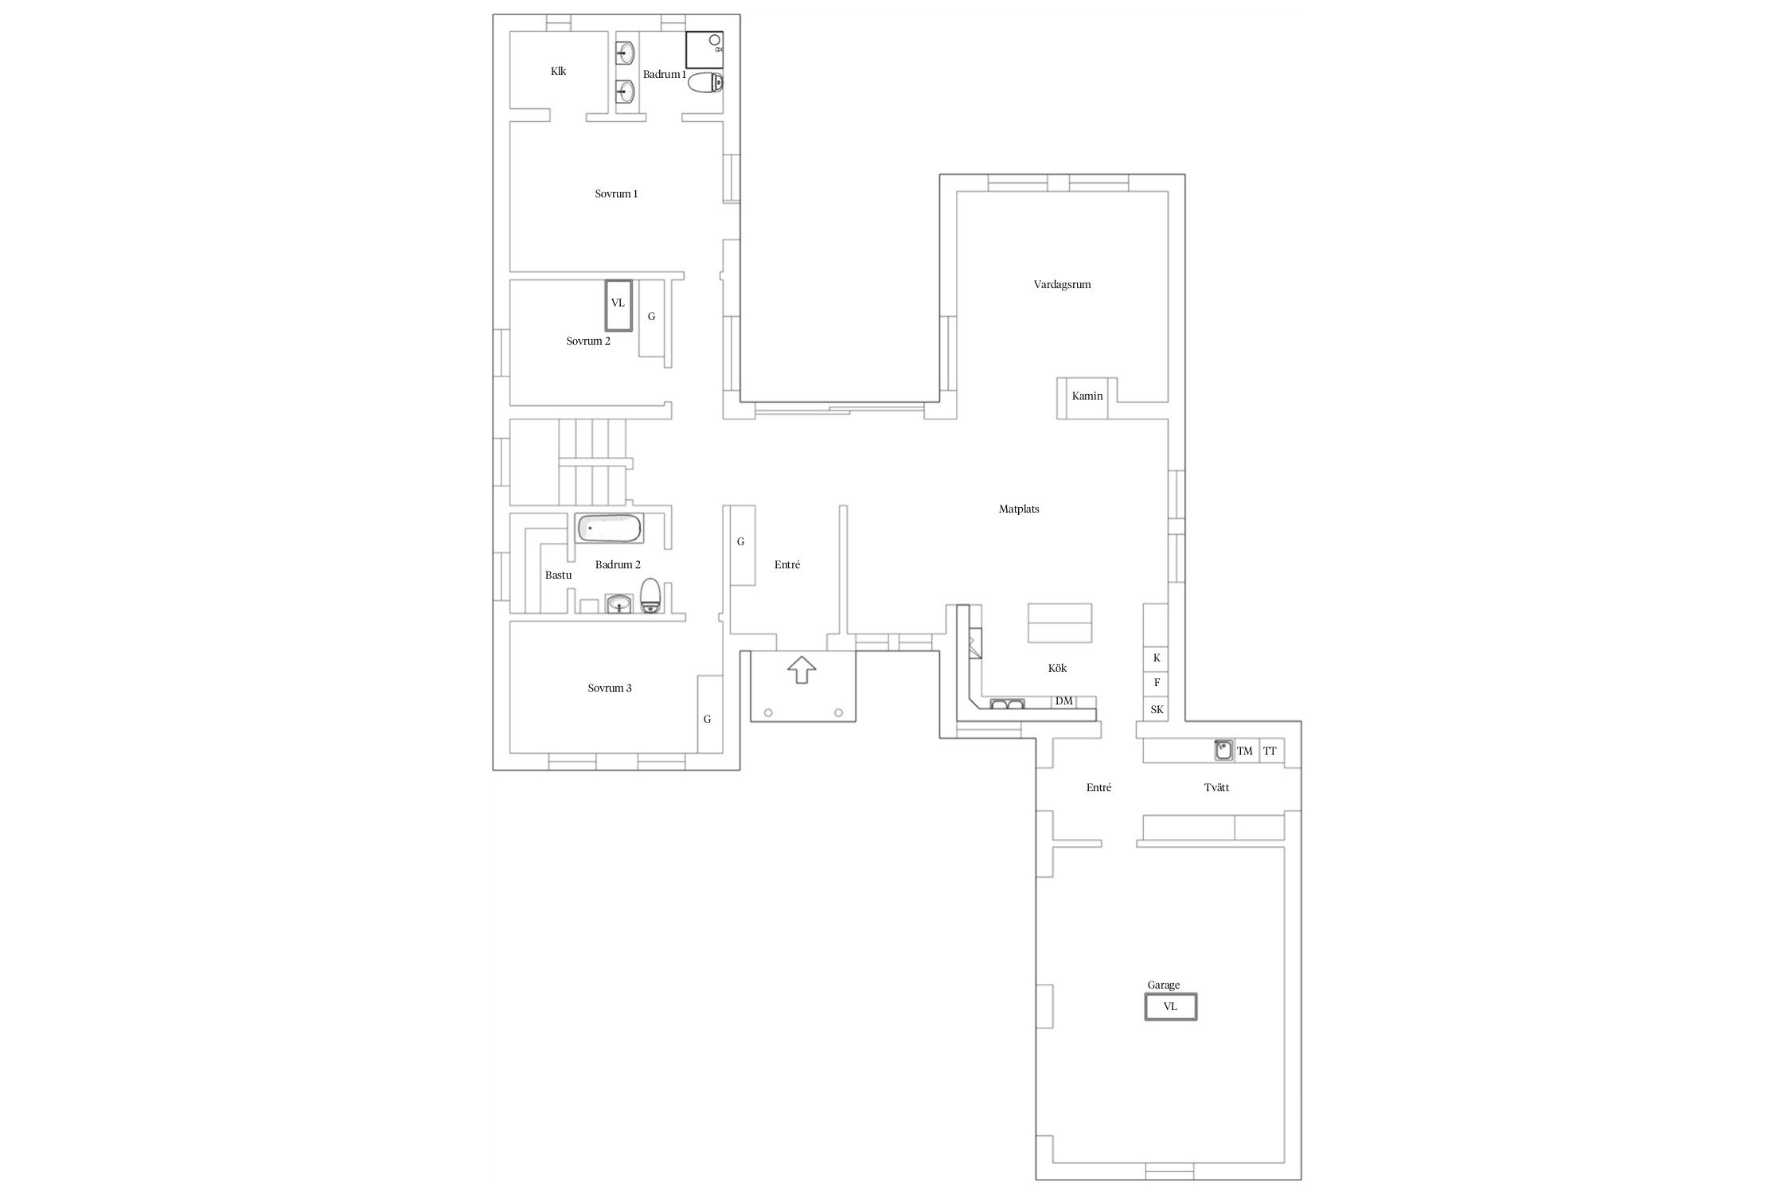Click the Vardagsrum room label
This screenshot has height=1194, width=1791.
(x=1062, y=284)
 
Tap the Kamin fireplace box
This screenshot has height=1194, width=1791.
(x=1087, y=398)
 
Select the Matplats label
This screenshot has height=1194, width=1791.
(x=1019, y=509)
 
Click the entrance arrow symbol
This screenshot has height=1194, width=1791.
(x=802, y=669)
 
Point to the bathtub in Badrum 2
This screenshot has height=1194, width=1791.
(x=609, y=529)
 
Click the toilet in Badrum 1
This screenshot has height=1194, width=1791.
(x=705, y=82)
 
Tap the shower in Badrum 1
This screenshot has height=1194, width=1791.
(x=704, y=50)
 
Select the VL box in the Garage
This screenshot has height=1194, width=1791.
(x=1171, y=1007)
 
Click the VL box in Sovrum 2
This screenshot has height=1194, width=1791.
(x=618, y=306)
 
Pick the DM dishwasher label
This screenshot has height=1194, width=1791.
(x=1063, y=702)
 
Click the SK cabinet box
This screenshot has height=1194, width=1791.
(x=1157, y=709)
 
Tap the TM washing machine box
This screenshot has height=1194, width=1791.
(x=1246, y=751)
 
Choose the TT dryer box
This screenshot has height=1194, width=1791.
(x=1271, y=751)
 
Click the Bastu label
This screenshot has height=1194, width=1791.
(x=558, y=575)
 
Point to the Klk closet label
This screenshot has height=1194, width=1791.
(x=558, y=71)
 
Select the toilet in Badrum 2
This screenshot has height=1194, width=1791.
(x=650, y=596)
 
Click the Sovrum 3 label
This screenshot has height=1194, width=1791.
(x=610, y=688)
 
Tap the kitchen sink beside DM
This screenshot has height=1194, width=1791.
(x=1007, y=704)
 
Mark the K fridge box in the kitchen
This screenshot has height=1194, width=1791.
(x=1157, y=658)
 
